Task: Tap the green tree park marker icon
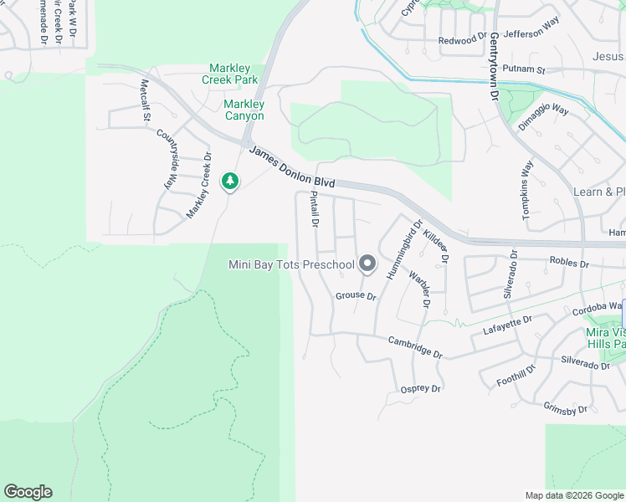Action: point(229,181)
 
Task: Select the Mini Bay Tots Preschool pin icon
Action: point(367,264)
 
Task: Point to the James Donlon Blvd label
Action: point(292,167)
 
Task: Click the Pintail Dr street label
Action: point(315,209)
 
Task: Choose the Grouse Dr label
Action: point(356,296)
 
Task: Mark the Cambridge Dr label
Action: point(414,346)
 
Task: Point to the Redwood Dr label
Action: point(462,39)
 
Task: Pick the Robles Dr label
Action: point(569,263)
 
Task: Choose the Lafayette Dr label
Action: point(508,325)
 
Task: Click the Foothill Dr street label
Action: point(516,376)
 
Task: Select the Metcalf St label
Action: point(144,100)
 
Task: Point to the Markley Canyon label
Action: point(244,110)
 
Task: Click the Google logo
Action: point(28,492)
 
